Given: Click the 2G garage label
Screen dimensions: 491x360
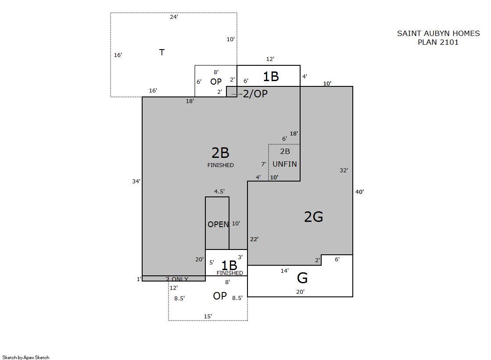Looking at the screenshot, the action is [x=313, y=217].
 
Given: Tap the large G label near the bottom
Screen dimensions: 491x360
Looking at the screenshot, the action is [x=302, y=278].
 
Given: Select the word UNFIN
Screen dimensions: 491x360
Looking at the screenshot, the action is [x=285, y=164].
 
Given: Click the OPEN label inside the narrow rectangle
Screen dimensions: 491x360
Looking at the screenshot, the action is [x=218, y=225].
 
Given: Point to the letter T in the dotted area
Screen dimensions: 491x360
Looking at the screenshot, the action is [x=162, y=52].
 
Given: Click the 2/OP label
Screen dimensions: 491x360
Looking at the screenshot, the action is [x=255, y=93].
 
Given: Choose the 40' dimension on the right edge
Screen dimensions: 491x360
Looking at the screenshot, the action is [x=359, y=192].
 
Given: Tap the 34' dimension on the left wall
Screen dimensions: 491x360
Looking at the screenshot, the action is [x=136, y=181].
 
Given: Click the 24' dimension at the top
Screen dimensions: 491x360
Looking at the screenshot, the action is [x=174, y=17].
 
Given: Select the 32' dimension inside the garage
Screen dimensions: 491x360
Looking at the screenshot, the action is [x=344, y=170].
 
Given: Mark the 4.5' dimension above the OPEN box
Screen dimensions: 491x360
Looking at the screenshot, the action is [x=219, y=191].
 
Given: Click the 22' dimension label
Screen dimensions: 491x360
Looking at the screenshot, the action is [x=254, y=239].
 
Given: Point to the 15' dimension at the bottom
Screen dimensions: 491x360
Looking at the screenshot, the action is [x=208, y=317].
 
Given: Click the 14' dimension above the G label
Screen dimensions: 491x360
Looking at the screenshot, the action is [x=285, y=271].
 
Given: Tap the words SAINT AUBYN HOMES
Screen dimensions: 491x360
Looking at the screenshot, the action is [x=438, y=33].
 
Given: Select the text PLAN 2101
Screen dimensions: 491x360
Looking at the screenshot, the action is [x=438, y=42].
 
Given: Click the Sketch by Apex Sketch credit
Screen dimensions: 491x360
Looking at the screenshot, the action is [x=26, y=357].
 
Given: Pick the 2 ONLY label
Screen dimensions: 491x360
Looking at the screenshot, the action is [x=177, y=279].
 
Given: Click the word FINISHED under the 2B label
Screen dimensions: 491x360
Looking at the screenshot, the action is [x=220, y=165].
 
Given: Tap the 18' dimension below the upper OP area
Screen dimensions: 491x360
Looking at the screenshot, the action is [x=190, y=101].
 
